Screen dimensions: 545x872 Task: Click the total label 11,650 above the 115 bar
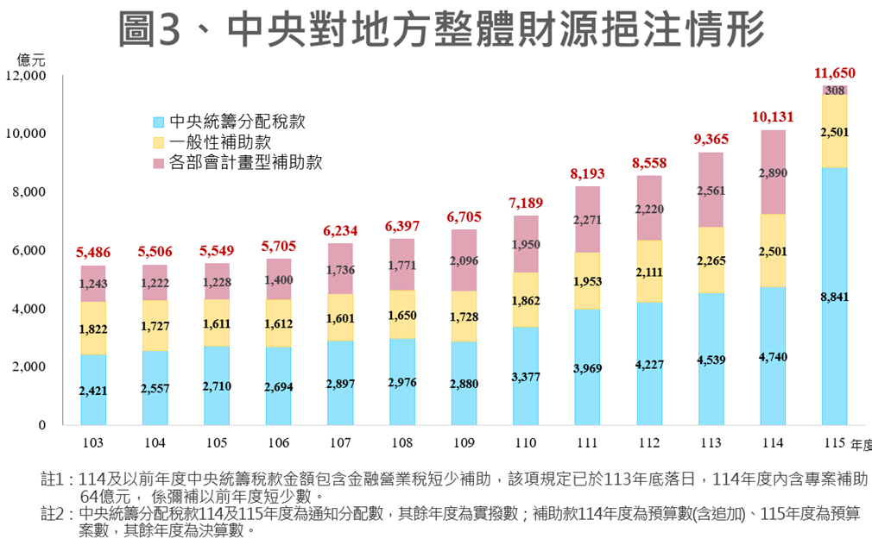[x=834, y=72]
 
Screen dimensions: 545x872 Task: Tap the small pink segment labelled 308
[x=834, y=90]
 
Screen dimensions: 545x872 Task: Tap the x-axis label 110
[x=525, y=442]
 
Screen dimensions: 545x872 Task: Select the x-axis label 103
[x=93, y=442]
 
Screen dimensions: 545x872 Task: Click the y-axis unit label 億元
[x=32, y=60]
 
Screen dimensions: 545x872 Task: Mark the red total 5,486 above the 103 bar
[x=93, y=252]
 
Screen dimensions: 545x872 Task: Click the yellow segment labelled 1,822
[x=93, y=329]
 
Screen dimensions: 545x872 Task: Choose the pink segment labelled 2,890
[x=773, y=173]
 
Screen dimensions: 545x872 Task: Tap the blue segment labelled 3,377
[x=525, y=377]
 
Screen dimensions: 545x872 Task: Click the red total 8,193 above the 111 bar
[x=587, y=174]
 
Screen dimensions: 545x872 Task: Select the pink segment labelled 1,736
[x=340, y=271]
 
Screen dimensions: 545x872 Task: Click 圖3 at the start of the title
[x=150, y=29]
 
